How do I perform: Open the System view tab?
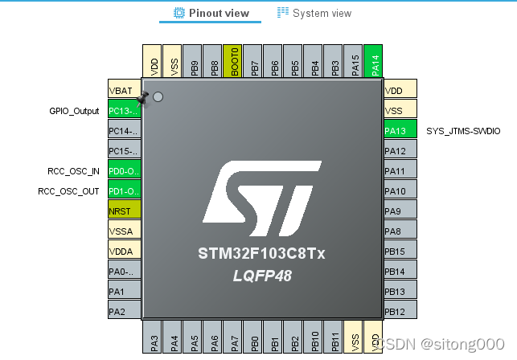(x=314, y=13)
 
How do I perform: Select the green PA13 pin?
(x=400, y=130)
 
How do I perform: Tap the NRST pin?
(x=125, y=211)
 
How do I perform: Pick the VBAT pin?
(x=125, y=90)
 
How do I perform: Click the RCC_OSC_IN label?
(x=73, y=171)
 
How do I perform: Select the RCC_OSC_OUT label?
(x=69, y=191)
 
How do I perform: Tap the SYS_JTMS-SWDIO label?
(x=463, y=130)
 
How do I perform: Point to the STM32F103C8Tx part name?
(x=261, y=253)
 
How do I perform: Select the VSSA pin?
(x=125, y=231)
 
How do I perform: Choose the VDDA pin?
(x=125, y=251)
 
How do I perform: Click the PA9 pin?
(x=400, y=211)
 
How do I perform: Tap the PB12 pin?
(x=400, y=311)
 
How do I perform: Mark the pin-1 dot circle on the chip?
(x=158, y=97)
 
